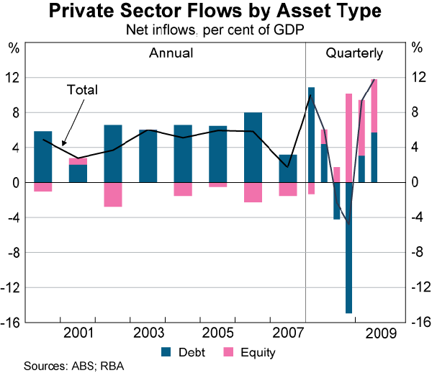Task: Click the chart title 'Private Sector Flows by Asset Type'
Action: tap(215, 12)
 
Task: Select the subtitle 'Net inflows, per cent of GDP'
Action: tap(215, 30)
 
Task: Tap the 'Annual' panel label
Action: tap(171, 53)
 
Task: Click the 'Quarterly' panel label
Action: tap(354, 53)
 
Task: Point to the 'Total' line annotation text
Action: tap(82, 90)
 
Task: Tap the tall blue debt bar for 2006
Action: tap(253, 147)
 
